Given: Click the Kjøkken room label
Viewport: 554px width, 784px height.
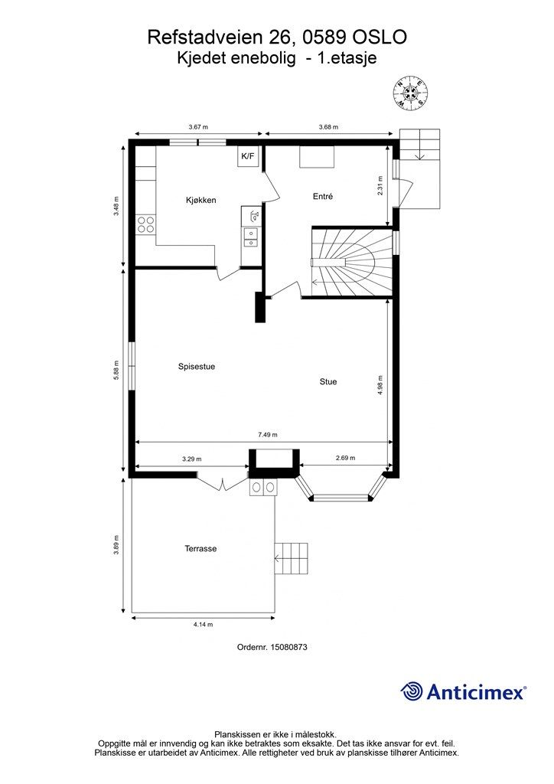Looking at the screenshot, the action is (x=200, y=200).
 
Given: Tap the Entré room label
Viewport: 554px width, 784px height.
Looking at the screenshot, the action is (x=323, y=197).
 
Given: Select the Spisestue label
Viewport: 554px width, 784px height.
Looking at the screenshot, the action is (x=197, y=367).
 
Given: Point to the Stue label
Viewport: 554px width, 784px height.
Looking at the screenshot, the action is (x=328, y=381).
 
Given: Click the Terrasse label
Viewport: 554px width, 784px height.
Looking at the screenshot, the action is (x=200, y=548).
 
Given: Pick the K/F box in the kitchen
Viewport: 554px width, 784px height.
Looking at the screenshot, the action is (x=248, y=156).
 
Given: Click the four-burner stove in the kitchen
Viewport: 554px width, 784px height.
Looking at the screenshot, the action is (x=145, y=224).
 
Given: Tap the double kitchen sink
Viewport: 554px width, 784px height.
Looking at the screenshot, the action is (x=250, y=237).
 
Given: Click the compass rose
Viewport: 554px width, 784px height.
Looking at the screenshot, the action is (x=410, y=92).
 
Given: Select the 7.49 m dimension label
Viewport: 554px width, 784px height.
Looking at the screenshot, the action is (x=268, y=435).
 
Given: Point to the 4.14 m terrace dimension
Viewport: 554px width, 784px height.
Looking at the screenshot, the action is (x=203, y=625).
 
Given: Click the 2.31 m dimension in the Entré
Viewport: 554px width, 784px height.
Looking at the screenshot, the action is (x=380, y=185).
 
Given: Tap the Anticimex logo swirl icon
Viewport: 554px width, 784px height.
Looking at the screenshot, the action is (x=412, y=691).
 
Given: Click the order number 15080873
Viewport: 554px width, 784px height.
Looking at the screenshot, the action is (x=288, y=647).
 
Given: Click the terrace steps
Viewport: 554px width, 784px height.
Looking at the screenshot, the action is (x=292, y=558).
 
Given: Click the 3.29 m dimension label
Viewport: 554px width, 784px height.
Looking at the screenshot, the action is (x=192, y=459).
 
